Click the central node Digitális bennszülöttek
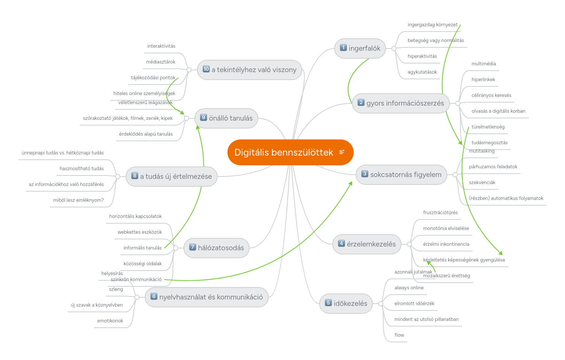pos(284,152)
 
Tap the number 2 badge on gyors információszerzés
pos(361,103)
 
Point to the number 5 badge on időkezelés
pos(328,303)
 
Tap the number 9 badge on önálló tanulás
pos(203,118)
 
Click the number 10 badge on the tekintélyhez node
pos(206,69)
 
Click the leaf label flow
pos(399,335)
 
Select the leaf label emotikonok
pos(110,321)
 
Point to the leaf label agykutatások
pos(422,72)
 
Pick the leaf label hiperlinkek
pos(483,79)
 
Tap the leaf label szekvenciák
pos(482,182)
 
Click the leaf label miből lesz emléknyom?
pos(78,200)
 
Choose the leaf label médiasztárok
pos(161,62)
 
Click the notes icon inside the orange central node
pos(342,152)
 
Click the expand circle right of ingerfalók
pos(394,48)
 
